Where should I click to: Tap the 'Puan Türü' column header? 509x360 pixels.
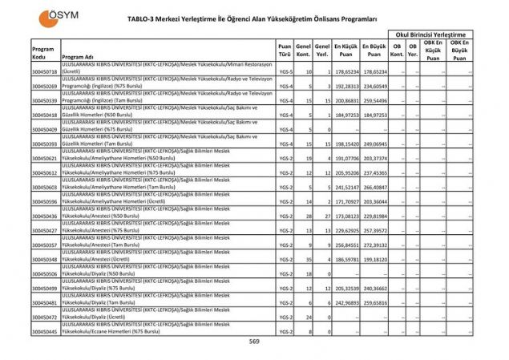285,50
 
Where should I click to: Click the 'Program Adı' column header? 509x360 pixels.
78,58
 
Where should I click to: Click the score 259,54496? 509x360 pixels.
374,101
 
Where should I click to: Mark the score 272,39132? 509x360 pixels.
374,245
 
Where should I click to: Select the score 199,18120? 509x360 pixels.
374,259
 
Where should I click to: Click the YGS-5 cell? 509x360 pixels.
285,72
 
